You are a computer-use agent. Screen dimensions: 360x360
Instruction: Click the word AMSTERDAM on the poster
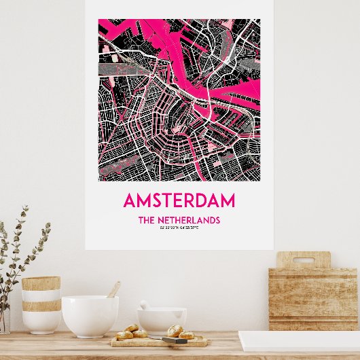[179, 200]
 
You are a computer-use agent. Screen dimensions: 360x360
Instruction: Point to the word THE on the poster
[148, 220]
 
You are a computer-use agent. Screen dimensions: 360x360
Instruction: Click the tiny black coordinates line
[179, 228]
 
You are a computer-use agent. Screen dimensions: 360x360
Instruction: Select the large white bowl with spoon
[90, 316]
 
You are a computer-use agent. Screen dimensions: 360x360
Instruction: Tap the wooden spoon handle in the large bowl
[113, 290]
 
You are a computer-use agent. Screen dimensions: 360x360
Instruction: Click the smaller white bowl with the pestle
[162, 319]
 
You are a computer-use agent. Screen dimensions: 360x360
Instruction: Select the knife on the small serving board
[174, 340]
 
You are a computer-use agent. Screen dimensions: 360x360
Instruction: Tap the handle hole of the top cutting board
[304, 259]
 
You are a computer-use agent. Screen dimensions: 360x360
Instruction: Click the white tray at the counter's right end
[299, 340]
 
